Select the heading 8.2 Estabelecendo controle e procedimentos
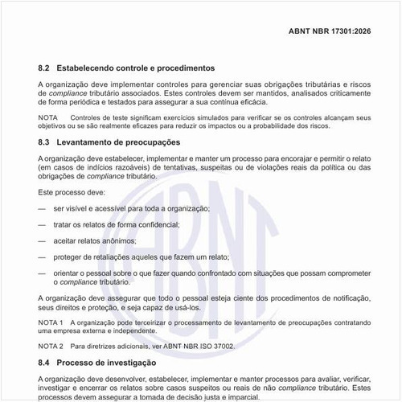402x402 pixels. (x=126, y=68)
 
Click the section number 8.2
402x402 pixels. (x=44, y=68)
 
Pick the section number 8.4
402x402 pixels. (x=44, y=363)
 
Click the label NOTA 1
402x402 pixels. (x=50, y=322)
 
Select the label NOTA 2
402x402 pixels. (x=50, y=346)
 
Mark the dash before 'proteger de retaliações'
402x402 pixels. (x=42, y=257)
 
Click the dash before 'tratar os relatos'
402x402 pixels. (x=42, y=225)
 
